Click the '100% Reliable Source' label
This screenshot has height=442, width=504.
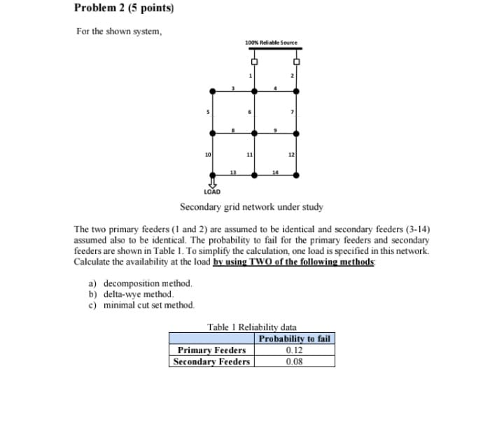coord(271,43)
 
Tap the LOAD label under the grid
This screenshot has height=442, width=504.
coord(211,191)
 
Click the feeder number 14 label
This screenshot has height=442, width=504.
coord(276,171)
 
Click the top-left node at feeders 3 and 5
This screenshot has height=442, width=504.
coord(211,91)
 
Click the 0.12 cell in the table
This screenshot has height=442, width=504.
coord(295,350)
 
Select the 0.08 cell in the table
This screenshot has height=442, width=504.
coord(295,362)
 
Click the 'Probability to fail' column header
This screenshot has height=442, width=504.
coord(295,339)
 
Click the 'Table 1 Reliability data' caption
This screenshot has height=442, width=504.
coord(252,327)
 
